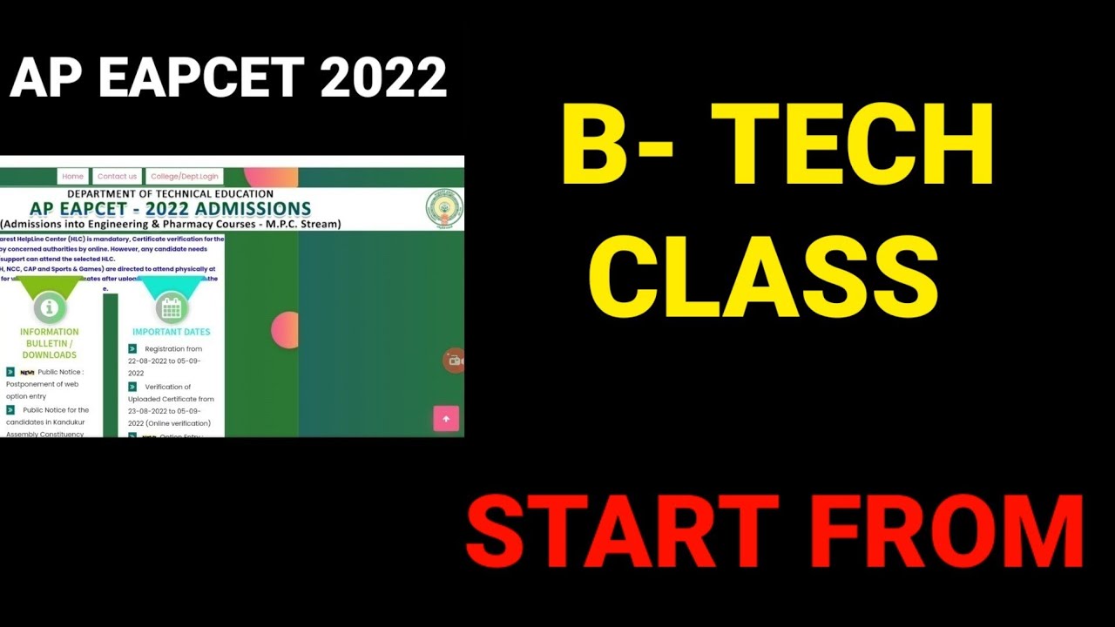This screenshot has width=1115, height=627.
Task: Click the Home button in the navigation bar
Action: coord(73,176)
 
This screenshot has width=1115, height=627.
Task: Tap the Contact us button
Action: coord(117,176)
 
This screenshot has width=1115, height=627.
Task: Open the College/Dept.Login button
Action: coord(185,176)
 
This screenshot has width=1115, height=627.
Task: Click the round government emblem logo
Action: coord(443,209)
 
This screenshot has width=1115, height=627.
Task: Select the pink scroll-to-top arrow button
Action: coord(446,419)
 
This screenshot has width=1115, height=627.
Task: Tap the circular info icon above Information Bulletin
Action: coord(50,307)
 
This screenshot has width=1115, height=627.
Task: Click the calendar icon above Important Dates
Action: coord(171,307)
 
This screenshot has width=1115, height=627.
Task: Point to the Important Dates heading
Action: coord(171,332)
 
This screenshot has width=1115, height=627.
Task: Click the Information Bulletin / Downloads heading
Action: coord(50,343)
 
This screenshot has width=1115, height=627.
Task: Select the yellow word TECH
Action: coord(858,145)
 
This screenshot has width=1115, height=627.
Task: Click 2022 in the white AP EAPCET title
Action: coord(383,78)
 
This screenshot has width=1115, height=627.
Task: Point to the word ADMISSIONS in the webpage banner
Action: coord(253,209)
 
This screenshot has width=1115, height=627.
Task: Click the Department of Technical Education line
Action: coord(170,193)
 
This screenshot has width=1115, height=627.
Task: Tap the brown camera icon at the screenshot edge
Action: coord(454,361)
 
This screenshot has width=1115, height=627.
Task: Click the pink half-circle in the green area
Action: coord(286,330)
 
